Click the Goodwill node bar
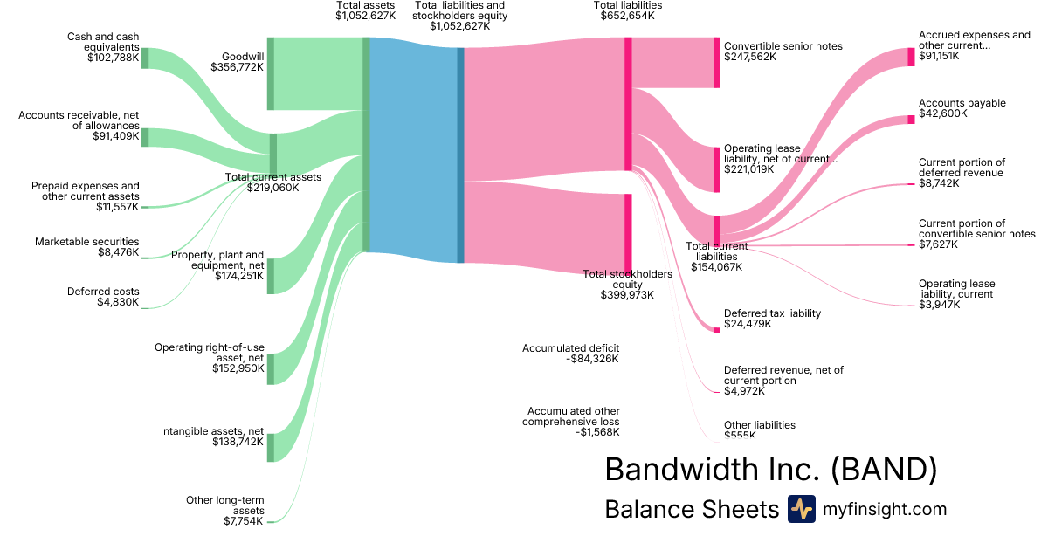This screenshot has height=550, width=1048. [x=271, y=74]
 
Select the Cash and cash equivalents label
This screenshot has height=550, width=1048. [x=103, y=42]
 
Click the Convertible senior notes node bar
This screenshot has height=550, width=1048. [x=717, y=63]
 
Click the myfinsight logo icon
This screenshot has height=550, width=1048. [x=801, y=509]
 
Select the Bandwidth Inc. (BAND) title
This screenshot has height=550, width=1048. [x=771, y=470]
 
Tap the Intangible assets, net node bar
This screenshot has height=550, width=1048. [x=271, y=447]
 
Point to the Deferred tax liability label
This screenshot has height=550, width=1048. [x=772, y=313]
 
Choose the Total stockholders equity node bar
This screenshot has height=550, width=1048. [x=627, y=233]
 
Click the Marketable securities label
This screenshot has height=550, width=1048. [x=86, y=242]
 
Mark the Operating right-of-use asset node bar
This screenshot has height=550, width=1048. [x=271, y=368]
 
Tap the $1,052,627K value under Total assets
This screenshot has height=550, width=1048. [x=365, y=16]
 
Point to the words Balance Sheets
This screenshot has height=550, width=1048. [x=691, y=509]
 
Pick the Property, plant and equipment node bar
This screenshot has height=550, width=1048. [x=271, y=276]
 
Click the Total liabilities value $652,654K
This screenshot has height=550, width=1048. [x=627, y=16]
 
